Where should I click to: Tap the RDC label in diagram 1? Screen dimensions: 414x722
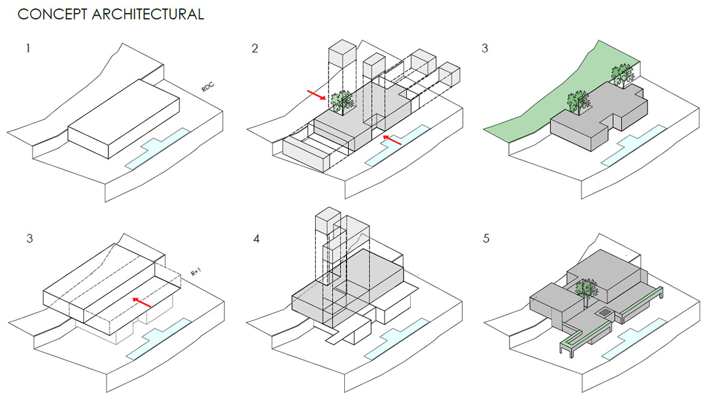coord(208,88)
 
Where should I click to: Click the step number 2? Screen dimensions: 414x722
coord(255,48)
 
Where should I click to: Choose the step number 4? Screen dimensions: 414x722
coord(256,239)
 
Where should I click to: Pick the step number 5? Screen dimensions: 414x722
coord(486,239)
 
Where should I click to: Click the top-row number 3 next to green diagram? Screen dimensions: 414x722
coord(485,48)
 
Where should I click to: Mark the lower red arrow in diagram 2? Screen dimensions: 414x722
coord(392,140)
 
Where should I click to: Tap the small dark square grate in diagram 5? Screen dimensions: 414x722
coord(603,312)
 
